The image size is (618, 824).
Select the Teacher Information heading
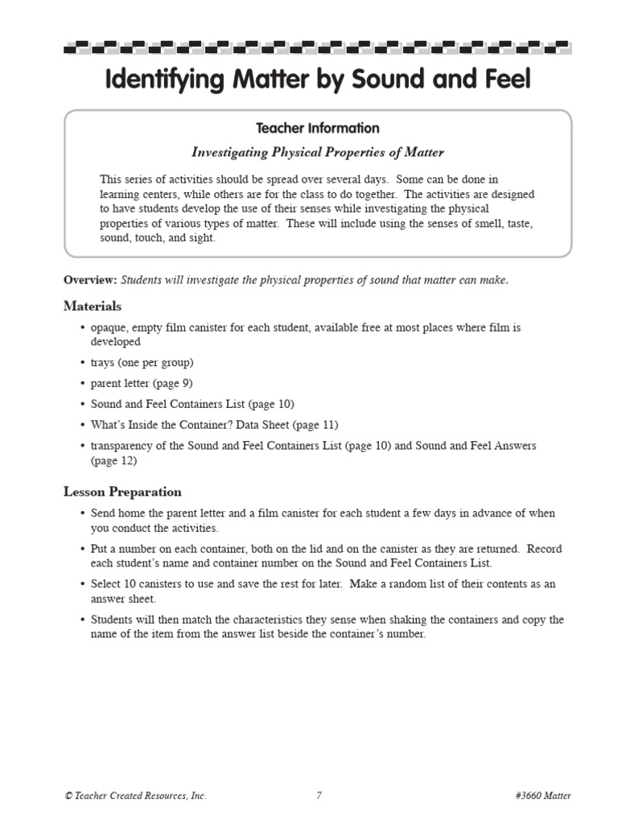point(317,128)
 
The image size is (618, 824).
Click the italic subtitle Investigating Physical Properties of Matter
point(317,152)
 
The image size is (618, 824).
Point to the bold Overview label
point(90,280)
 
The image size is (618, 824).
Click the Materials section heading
point(93,306)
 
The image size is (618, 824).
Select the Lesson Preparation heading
point(122,492)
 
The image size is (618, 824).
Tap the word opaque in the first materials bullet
point(109,328)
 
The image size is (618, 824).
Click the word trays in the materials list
point(104,363)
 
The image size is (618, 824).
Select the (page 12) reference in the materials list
point(113,461)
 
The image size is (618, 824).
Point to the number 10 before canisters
point(134,584)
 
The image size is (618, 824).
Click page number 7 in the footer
point(319,796)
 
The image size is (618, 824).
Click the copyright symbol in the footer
point(68,796)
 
